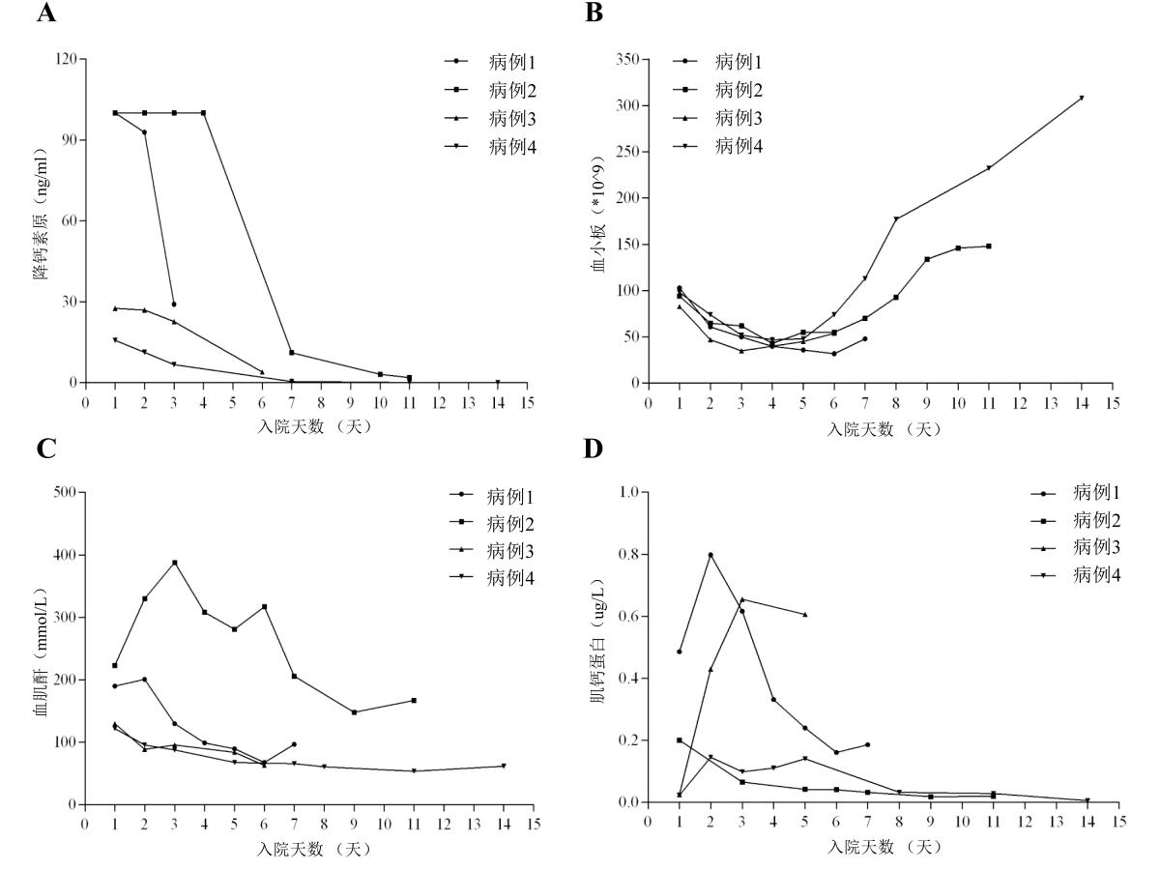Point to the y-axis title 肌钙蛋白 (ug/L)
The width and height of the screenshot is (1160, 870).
[599, 648]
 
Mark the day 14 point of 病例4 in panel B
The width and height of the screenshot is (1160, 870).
[1082, 98]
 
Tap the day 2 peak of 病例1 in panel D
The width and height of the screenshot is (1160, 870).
[710, 555]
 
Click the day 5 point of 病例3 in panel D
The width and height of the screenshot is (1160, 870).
[804, 615]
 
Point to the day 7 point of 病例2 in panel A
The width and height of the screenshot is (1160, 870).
[291, 353]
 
